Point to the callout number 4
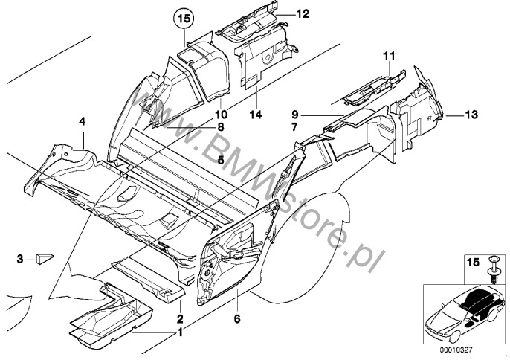pyautogui.click(x=83, y=120)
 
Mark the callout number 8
pyautogui.click(x=220, y=128)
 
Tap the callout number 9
pyautogui.click(x=294, y=115)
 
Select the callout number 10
pyautogui.click(x=220, y=115)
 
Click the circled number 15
pyautogui.click(x=183, y=17)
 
